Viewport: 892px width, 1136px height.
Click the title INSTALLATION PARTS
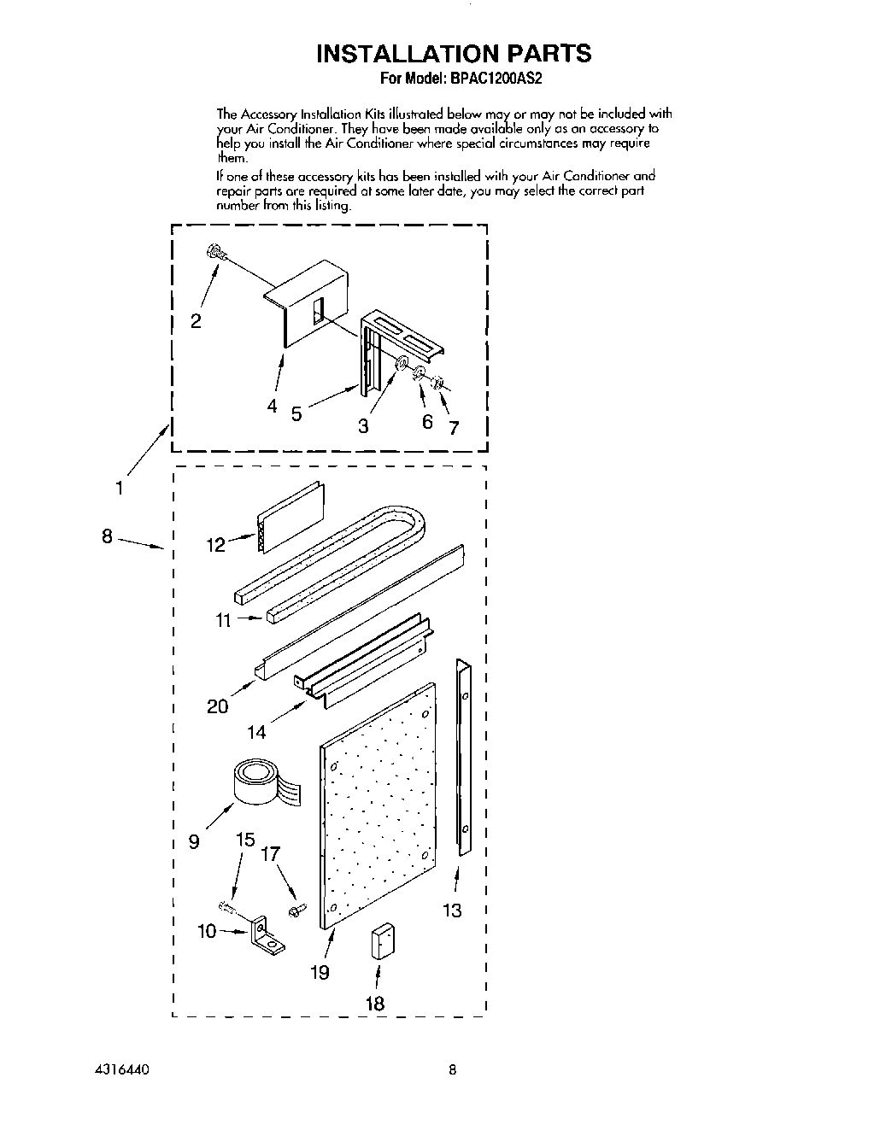click(x=453, y=53)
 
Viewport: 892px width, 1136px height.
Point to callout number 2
click(x=196, y=321)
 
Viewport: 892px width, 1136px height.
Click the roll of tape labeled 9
click(x=256, y=784)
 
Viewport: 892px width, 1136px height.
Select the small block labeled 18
click(x=381, y=942)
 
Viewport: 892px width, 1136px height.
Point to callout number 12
click(x=215, y=544)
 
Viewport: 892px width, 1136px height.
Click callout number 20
click(x=217, y=706)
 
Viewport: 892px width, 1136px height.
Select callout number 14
click(x=256, y=731)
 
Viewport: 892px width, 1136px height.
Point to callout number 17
click(x=271, y=853)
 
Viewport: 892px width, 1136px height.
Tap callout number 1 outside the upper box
click(x=120, y=488)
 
